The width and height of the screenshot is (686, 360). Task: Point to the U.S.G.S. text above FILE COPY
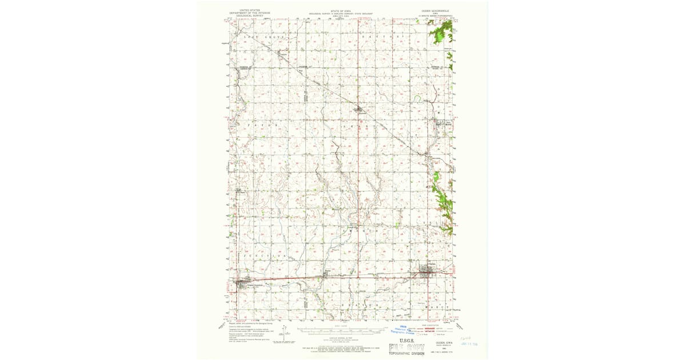[x=406, y=338]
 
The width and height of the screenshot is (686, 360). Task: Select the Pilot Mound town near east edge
[x=441, y=121]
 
